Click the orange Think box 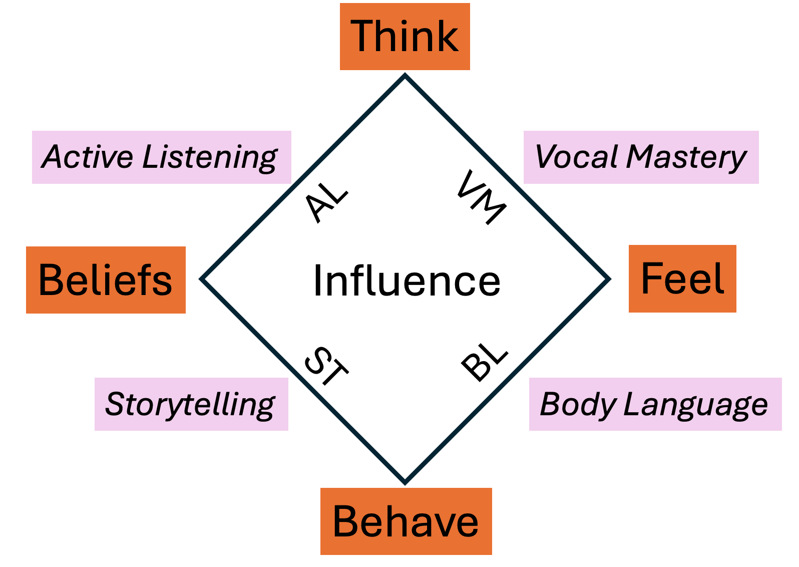tap(405, 37)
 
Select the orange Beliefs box tap(106, 280)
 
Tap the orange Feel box tap(682, 279)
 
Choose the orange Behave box tap(406, 521)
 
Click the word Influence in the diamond tap(407, 281)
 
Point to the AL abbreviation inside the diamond tap(326, 201)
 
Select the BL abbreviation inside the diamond tap(484, 362)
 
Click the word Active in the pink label tap(88, 157)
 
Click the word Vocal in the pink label tap(577, 157)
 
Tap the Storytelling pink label tap(191, 405)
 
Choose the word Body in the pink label tap(578, 405)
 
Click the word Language tap(695, 405)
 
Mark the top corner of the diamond tap(405, 75)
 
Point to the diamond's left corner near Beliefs tap(201, 279)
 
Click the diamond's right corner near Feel tap(609, 279)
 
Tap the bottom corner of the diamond tap(405, 483)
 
